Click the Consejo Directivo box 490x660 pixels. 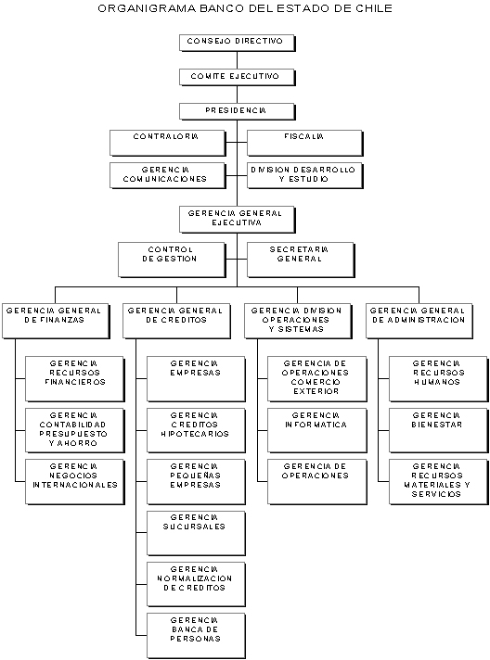pyautogui.click(x=238, y=43)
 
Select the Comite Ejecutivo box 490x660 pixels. pyautogui.click(x=238, y=78)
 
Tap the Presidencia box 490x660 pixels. pyautogui.click(x=238, y=112)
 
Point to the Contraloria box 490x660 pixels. pyautogui.click(x=168, y=143)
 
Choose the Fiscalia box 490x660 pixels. pyautogui.click(x=304, y=143)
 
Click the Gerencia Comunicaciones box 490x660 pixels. pyautogui.click(x=168, y=175)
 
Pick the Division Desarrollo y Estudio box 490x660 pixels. pyautogui.click(x=304, y=175)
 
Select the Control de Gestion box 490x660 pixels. pyautogui.click(x=172, y=260)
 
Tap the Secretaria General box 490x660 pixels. pyautogui.click(x=301, y=260)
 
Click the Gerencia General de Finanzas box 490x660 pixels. pyautogui.click(x=56, y=321)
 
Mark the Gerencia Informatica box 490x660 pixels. pyautogui.click(x=316, y=431)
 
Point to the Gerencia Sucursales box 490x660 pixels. pyautogui.click(x=196, y=533)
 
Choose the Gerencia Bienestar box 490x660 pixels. pyautogui.click(x=438, y=431)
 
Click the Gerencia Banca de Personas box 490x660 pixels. pyautogui.click(x=196, y=636)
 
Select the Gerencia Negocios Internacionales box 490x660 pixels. pyautogui.click(x=75, y=482)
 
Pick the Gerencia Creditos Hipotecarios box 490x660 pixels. pyautogui.click(x=196, y=431)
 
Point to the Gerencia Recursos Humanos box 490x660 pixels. pyautogui.click(x=438, y=379)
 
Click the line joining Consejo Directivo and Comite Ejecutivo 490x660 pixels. pyautogui.click(x=237, y=60)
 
